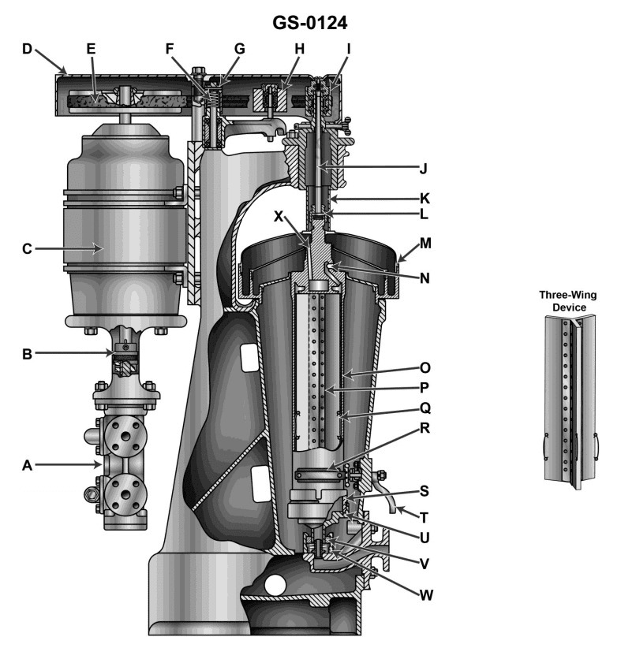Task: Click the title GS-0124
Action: [x=310, y=22]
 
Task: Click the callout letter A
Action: [x=27, y=465]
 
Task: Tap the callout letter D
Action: [x=27, y=49]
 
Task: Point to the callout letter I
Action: [x=347, y=49]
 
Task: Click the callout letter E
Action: [x=91, y=49]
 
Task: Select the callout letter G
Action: [x=239, y=49]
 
